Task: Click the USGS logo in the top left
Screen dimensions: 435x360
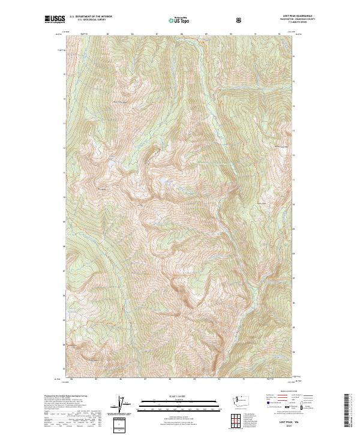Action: click(x=55, y=20)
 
